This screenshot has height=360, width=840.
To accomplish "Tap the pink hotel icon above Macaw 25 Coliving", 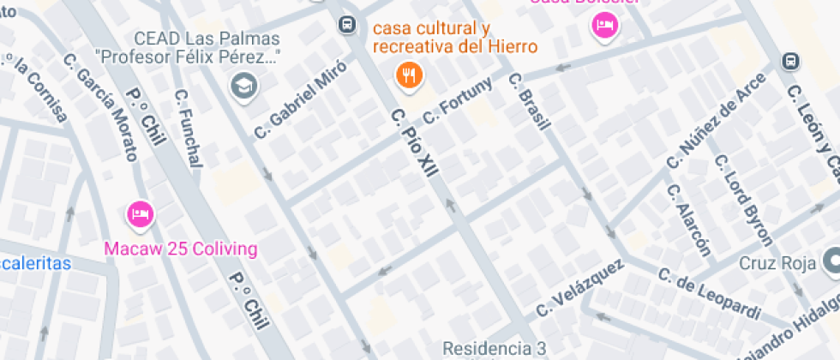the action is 139,214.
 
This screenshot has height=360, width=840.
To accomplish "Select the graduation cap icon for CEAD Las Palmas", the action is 244,85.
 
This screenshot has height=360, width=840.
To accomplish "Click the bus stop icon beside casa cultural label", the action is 346,24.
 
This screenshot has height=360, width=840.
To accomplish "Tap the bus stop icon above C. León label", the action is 790,62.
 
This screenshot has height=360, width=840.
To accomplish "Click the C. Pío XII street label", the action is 414,143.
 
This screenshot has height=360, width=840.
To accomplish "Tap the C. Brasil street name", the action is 528,102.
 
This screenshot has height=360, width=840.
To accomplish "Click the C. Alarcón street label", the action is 689,219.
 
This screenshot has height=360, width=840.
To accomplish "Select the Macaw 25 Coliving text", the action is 180,249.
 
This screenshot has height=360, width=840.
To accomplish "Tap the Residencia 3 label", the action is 494,349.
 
